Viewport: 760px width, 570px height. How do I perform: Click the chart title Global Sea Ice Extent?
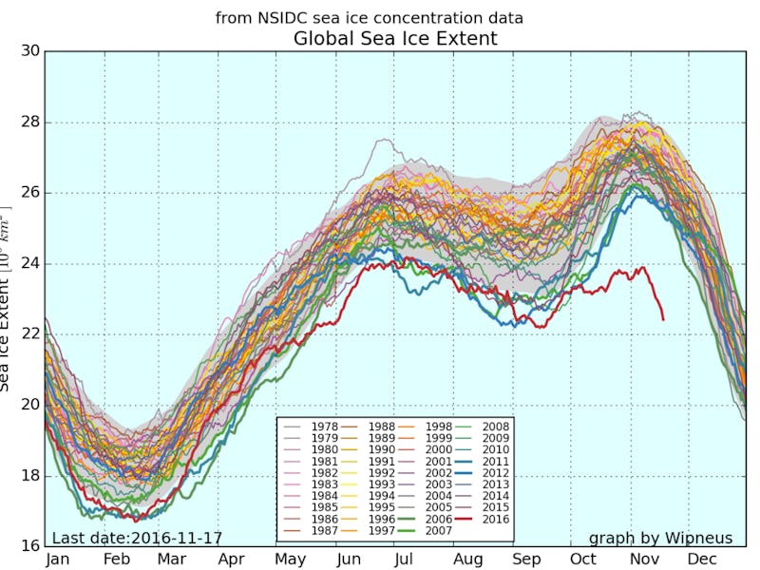395,39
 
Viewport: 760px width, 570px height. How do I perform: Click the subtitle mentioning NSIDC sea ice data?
370,18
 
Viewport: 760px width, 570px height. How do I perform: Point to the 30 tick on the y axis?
29,51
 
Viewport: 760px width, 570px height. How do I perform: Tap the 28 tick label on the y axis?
29,123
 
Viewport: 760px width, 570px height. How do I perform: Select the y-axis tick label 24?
29,264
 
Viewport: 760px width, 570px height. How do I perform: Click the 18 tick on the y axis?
29,476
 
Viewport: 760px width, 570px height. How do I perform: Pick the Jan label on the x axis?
59,560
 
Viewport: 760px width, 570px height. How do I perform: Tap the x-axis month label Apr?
232,560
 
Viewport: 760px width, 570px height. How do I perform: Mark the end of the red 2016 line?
662,319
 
